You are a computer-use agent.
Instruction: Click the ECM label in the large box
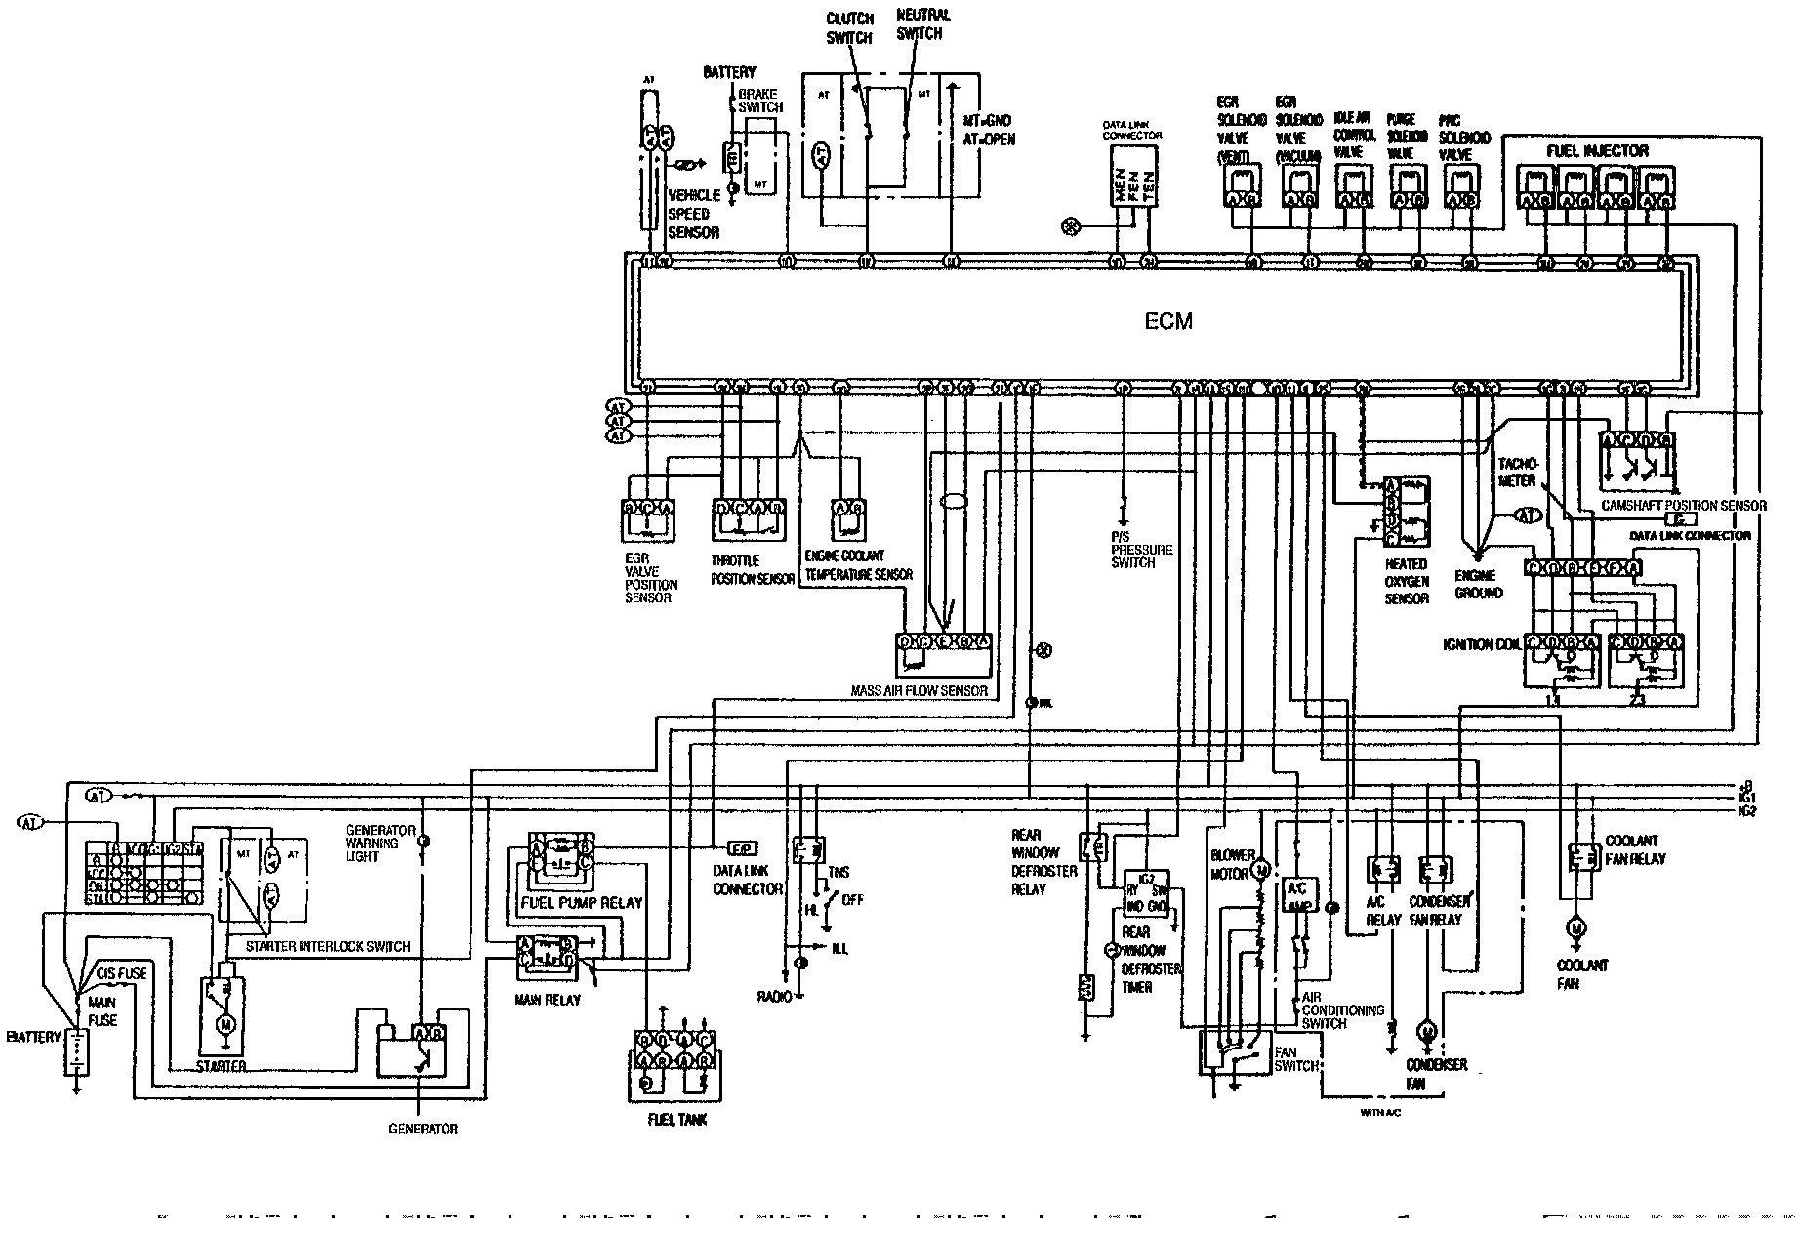pyautogui.click(x=1168, y=321)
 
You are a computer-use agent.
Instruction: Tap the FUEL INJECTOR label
pyautogui.click(x=1597, y=151)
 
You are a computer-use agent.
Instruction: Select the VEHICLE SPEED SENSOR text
pyautogui.click(x=694, y=214)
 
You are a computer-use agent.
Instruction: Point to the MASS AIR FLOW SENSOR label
pyautogui.click(x=919, y=691)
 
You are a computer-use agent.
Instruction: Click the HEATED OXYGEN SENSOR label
pyautogui.click(x=1406, y=581)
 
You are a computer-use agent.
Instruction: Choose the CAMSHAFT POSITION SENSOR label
pyautogui.click(x=1683, y=506)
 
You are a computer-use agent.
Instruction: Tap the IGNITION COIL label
pyautogui.click(x=1482, y=645)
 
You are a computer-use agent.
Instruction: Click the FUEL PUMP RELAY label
pyautogui.click(x=582, y=902)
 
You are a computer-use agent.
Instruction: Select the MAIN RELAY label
pyautogui.click(x=548, y=1000)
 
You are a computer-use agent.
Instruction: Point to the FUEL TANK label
pyautogui.click(x=677, y=1120)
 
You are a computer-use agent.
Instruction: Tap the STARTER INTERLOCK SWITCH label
pyautogui.click(x=328, y=947)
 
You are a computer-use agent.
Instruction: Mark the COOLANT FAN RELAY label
pyautogui.click(x=1635, y=849)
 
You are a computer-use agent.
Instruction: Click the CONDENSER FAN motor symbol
pyautogui.click(x=1427, y=1031)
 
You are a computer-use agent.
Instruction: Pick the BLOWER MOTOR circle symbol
pyautogui.click(x=1260, y=868)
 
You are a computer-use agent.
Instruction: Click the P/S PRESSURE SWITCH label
pyautogui.click(x=1140, y=550)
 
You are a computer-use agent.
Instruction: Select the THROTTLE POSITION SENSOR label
pyautogui.click(x=753, y=570)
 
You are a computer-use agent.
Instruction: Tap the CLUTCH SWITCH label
pyautogui.click(x=849, y=28)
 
